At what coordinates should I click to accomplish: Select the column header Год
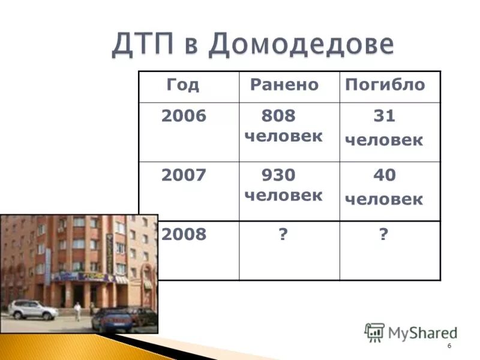click(182, 85)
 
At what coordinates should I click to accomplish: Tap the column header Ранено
click(284, 85)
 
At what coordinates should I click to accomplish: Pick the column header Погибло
click(385, 85)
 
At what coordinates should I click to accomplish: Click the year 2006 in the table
click(183, 116)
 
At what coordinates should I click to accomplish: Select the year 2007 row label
click(183, 175)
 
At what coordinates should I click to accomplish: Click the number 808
click(278, 116)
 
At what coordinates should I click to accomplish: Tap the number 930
click(278, 175)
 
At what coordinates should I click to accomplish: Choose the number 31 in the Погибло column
click(384, 116)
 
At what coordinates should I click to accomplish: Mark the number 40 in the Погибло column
click(384, 175)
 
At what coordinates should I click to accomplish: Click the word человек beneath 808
click(283, 136)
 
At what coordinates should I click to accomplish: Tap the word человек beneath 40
click(383, 199)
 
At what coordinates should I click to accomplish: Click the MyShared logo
click(411, 332)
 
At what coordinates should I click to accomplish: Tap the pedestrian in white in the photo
click(77, 311)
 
